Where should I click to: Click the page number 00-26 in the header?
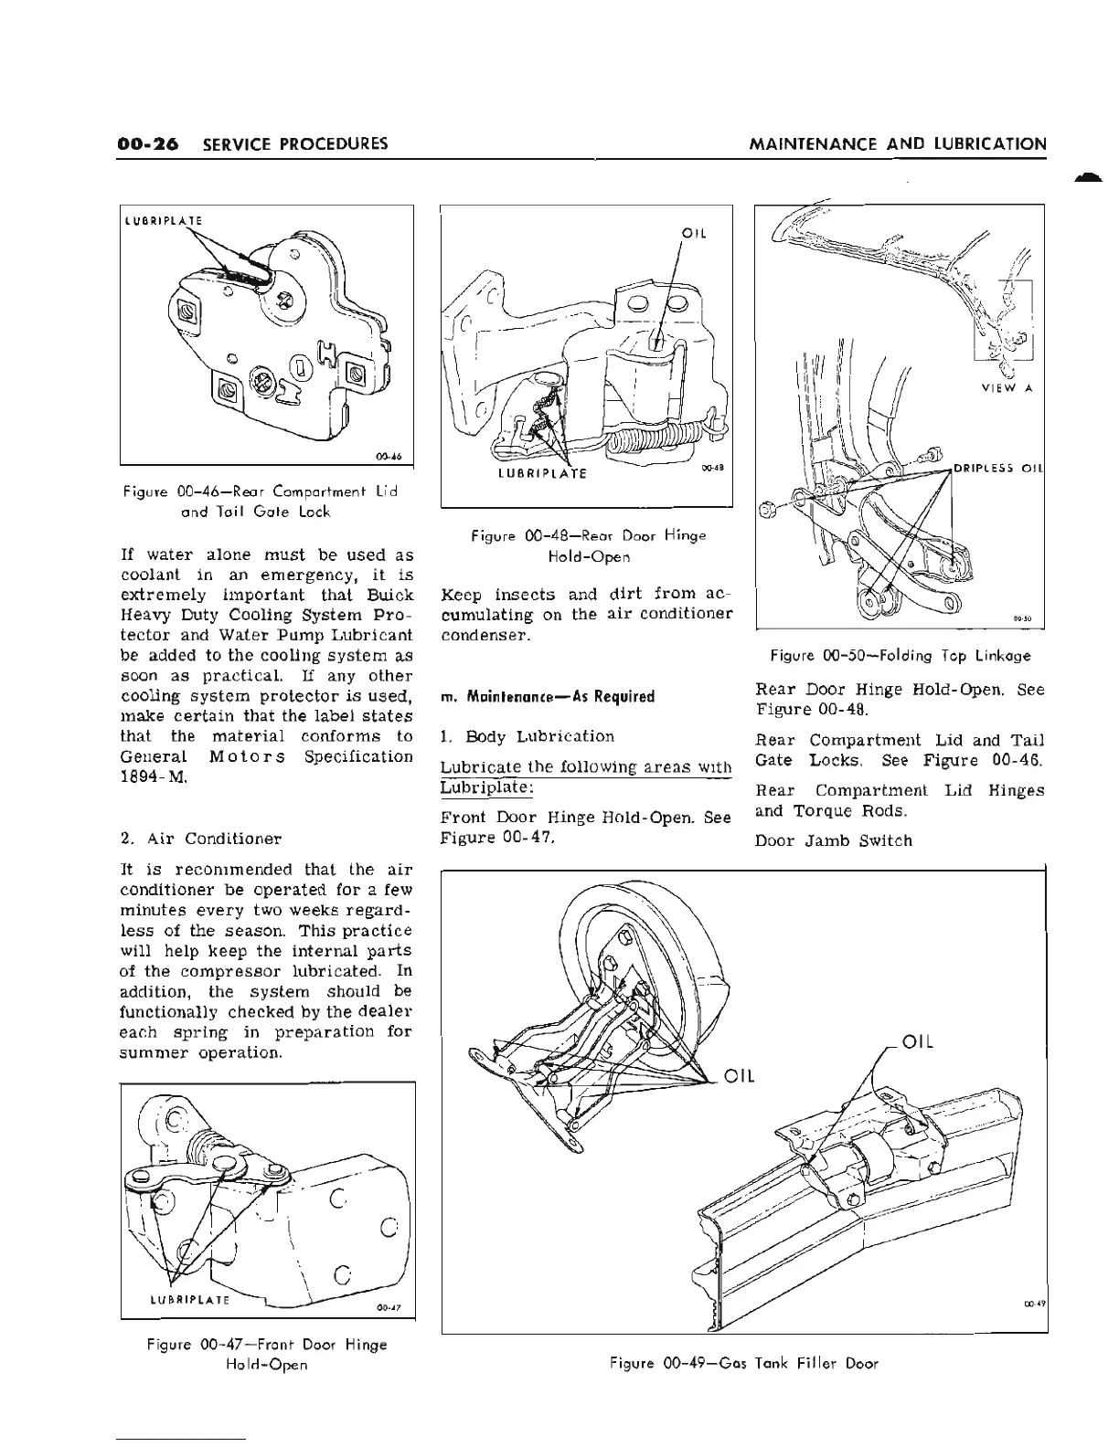point(149,144)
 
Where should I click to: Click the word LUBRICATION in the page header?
point(993,144)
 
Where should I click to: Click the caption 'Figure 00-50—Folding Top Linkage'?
point(900,655)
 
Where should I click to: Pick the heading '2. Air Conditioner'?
point(201,838)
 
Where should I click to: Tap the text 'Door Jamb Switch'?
point(833,840)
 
